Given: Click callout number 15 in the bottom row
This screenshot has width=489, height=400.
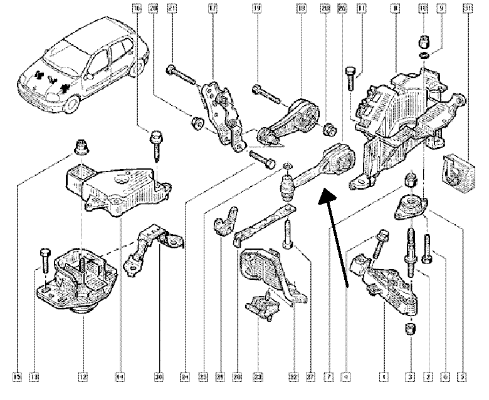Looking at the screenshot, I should [17, 377].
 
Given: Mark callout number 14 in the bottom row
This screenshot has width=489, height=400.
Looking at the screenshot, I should [119, 377].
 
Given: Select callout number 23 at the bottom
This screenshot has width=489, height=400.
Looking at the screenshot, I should [256, 377].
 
